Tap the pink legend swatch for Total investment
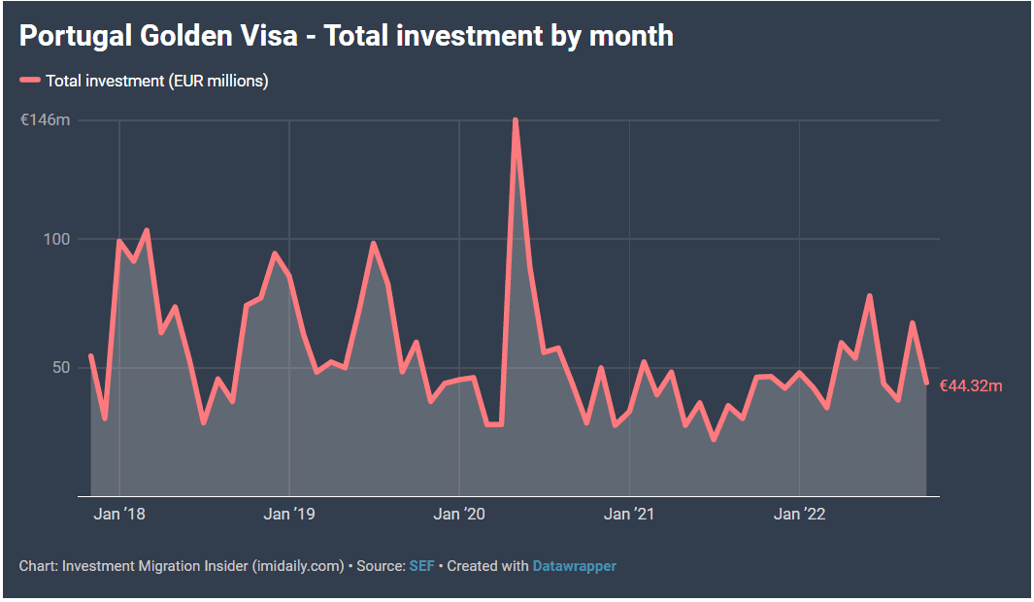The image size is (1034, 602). [x=30, y=81]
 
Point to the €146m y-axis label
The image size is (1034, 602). [x=46, y=120]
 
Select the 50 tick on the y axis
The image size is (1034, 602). [x=61, y=367]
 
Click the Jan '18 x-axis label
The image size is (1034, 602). [x=119, y=515]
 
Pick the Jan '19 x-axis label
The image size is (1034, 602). [x=289, y=515]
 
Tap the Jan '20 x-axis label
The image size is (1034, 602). [x=459, y=515]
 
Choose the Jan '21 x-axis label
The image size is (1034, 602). [x=629, y=515]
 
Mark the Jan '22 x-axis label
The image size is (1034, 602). [x=799, y=515]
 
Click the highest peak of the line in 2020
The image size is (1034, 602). [x=515, y=120]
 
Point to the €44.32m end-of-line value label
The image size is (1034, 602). [x=971, y=386]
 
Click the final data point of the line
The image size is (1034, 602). [x=926, y=383]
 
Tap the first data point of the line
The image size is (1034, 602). [x=90, y=356]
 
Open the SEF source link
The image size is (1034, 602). [x=421, y=565]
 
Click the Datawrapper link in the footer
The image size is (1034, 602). [x=574, y=565]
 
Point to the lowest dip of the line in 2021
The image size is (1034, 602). [x=714, y=440]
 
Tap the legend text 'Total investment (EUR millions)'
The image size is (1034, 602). [x=156, y=81]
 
